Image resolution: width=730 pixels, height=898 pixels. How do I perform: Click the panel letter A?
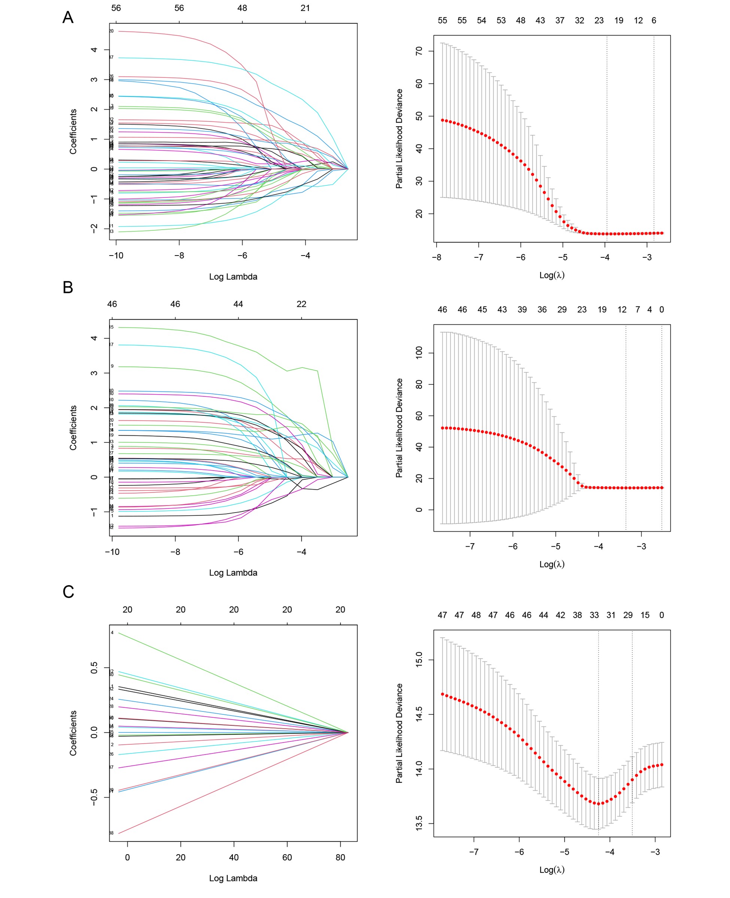(x=68, y=17)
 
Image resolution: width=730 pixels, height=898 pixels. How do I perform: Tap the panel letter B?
(x=68, y=287)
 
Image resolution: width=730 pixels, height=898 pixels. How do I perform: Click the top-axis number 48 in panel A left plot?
(x=242, y=8)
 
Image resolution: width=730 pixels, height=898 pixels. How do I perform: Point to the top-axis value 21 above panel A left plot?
(x=305, y=8)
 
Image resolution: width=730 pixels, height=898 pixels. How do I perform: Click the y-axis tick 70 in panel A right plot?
(x=419, y=51)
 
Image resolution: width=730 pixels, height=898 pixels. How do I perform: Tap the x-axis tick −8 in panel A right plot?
(x=437, y=257)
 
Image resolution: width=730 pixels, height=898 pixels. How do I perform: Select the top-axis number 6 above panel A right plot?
(x=654, y=20)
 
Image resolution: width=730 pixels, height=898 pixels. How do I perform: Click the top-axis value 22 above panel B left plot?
(x=301, y=304)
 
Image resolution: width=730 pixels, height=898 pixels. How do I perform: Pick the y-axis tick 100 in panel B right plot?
(x=419, y=353)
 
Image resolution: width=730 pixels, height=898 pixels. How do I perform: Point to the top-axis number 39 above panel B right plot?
(x=522, y=309)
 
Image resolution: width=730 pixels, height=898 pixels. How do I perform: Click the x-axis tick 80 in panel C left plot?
(x=340, y=857)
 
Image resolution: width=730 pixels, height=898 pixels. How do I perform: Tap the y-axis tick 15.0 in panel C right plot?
(x=419, y=660)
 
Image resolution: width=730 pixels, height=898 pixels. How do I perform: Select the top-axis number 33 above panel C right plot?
(x=594, y=615)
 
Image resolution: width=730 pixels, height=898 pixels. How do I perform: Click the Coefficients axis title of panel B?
(x=73, y=427)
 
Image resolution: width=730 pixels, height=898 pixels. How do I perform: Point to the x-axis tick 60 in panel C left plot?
(x=287, y=857)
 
